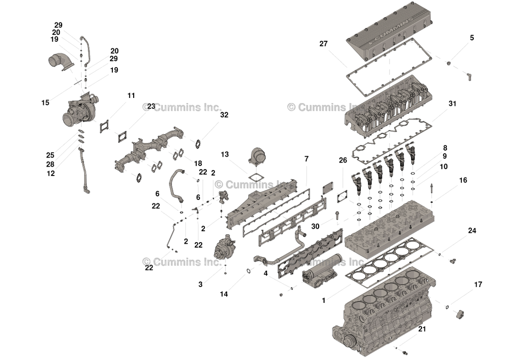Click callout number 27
click(324, 44)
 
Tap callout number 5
click(472, 38)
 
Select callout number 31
click(452, 104)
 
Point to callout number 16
click(463, 180)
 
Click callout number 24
click(472, 231)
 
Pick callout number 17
click(478, 285)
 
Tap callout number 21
click(422, 329)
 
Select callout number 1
click(324, 300)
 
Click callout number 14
click(224, 294)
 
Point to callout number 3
click(200, 284)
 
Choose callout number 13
click(225, 155)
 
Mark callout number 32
click(224, 115)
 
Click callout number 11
click(131, 95)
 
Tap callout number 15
click(45, 103)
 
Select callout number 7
click(306, 159)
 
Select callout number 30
click(315, 226)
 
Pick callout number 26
click(343, 160)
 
